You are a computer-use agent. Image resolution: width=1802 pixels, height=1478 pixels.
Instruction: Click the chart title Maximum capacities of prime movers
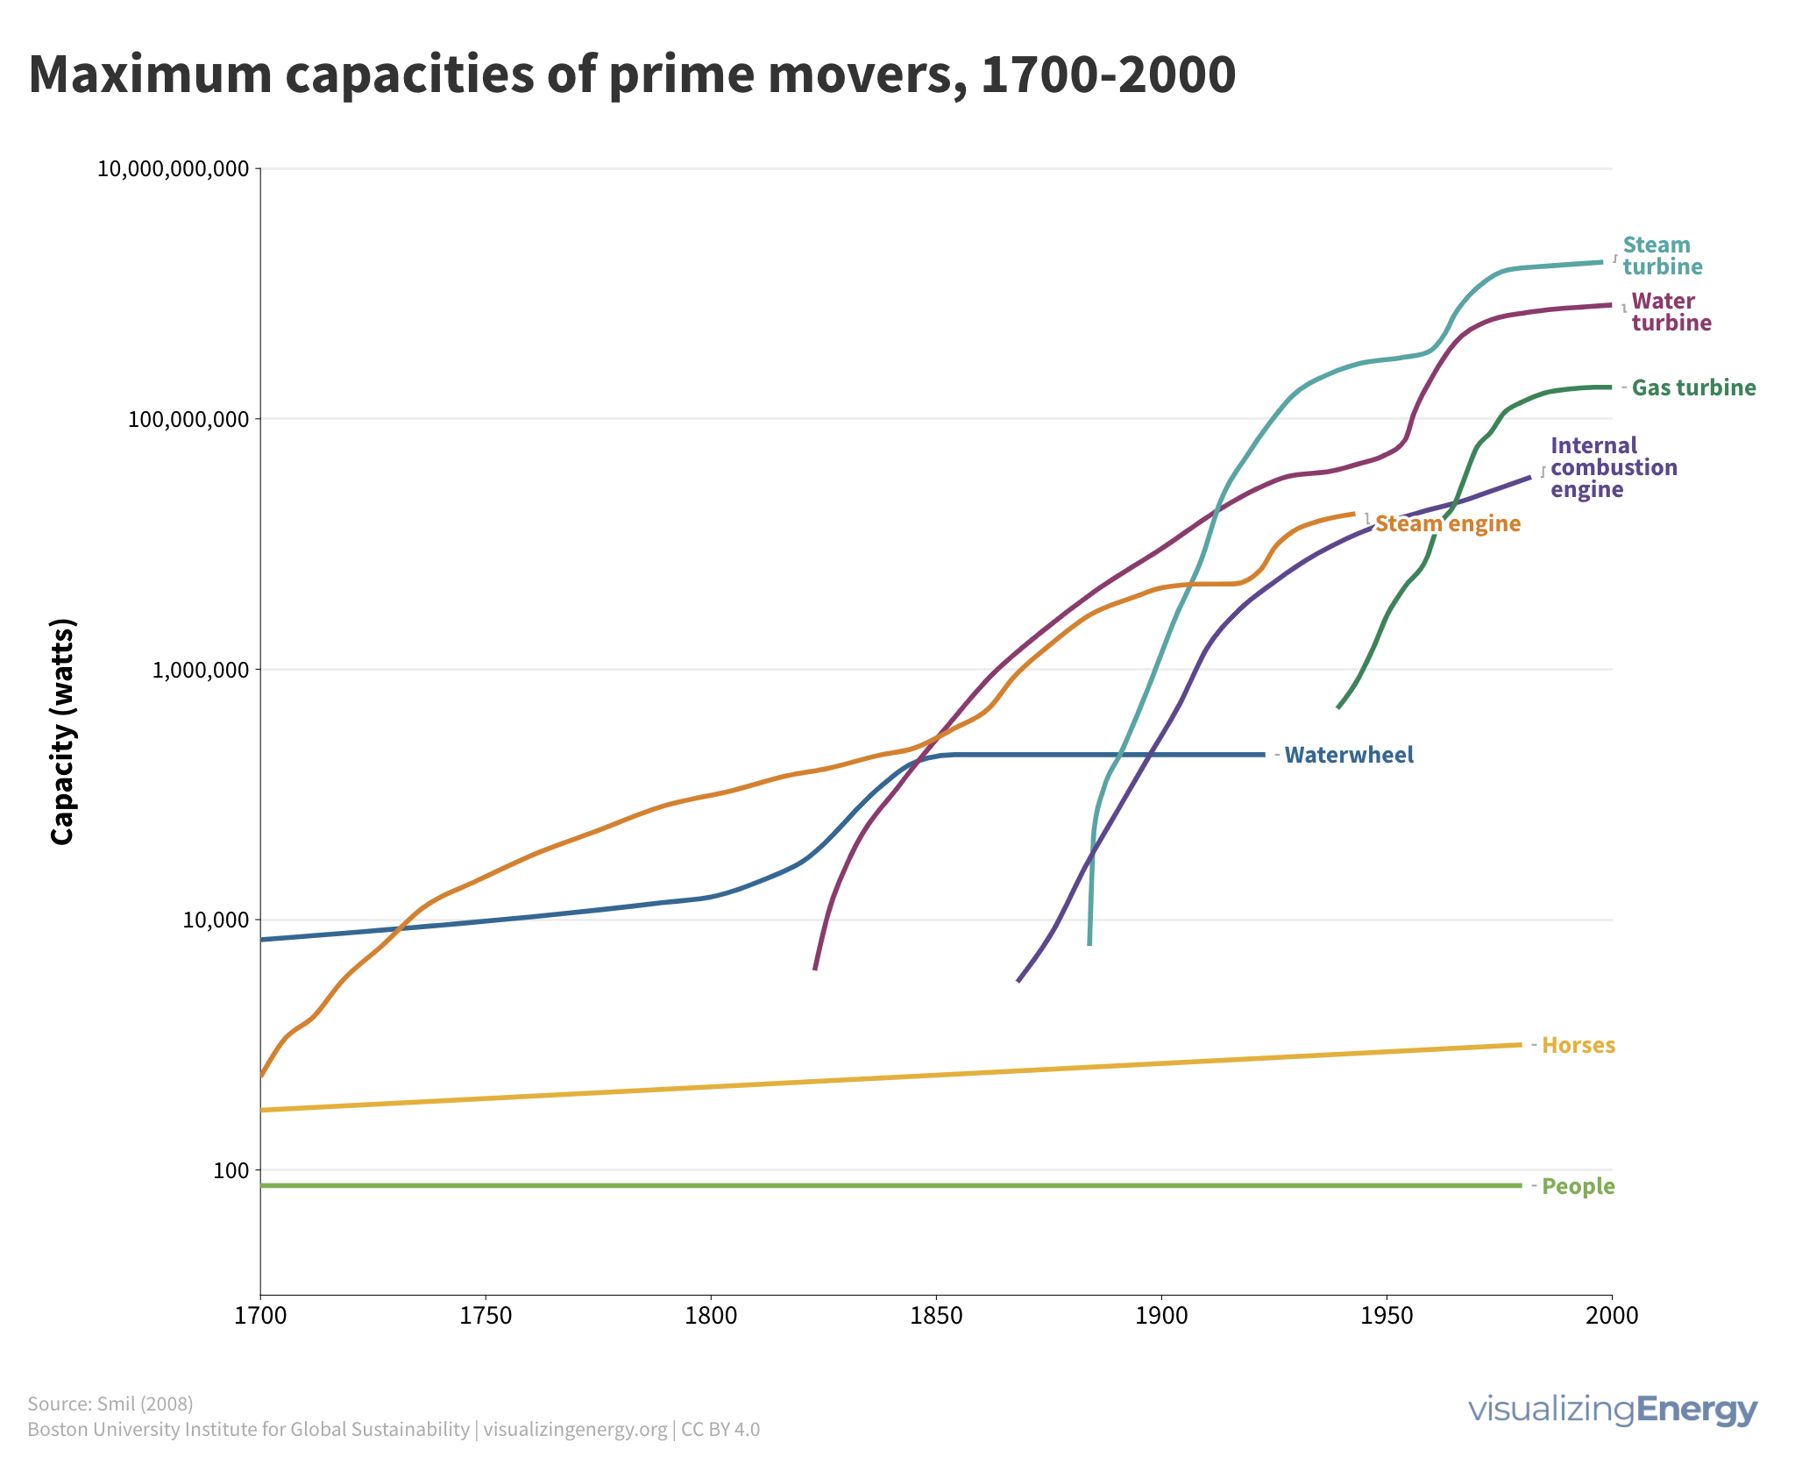pyautogui.click(x=631, y=75)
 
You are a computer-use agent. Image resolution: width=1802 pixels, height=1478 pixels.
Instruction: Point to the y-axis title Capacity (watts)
pyautogui.click(x=63, y=732)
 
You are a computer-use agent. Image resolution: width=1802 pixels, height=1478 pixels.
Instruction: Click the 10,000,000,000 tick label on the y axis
pyautogui.click(x=173, y=169)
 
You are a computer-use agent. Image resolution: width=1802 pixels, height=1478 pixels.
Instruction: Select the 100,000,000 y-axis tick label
pyautogui.click(x=188, y=419)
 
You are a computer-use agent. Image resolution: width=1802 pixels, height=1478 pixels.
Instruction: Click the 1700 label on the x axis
pyautogui.click(x=260, y=1316)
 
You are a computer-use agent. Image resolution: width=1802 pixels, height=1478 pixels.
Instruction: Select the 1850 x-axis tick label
pyautogui.click(x=936, y=1316)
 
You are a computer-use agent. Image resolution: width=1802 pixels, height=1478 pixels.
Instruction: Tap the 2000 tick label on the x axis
pyautogui.click(x=1611, y=1316)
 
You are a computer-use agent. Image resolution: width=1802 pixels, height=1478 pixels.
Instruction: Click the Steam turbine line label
pyautogui.click(x=1662, y=256)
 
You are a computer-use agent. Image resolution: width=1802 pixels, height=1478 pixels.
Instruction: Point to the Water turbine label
pyautogui.click(x=1671, y=312)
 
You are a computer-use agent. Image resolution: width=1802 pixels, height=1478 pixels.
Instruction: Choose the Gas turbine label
pyautogui.click(x=1693, y=387)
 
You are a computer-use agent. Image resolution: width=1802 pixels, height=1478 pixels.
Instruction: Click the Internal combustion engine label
pyautogui.click(x=1613, y=467)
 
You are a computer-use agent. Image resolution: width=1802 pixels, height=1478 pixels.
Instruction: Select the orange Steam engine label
pyautogui.click(x=1447, y=524)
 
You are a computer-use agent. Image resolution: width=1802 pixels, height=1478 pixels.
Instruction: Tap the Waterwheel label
pyautogui.click(x=1349, y=755)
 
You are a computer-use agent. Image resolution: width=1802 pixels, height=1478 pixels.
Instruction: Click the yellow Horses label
pyautogui.click(x=1578, y=1045)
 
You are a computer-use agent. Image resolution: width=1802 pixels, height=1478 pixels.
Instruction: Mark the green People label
pyautogui.click(x=1578, y=1186)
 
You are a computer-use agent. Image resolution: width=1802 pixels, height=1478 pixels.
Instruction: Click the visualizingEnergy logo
pyautogui.click(x=1613, y=1410)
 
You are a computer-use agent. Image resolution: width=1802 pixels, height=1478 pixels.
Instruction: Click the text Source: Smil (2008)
pyautogui.click(x=110, y=1403)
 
